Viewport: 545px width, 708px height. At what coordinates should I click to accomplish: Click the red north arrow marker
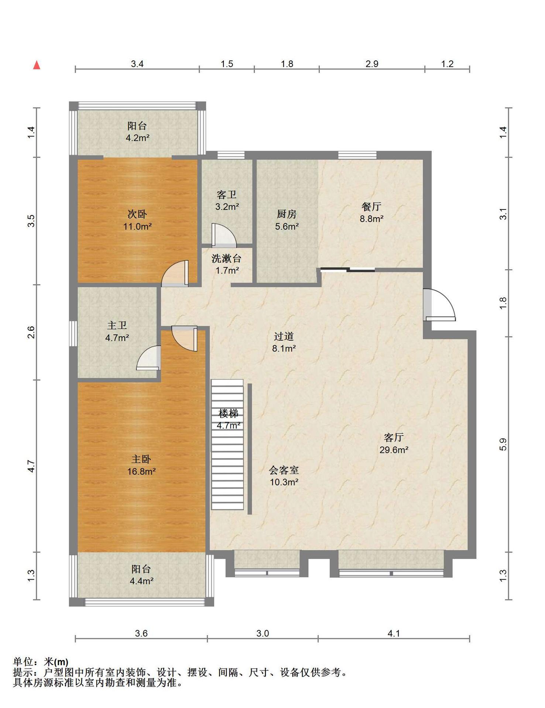point(37,65)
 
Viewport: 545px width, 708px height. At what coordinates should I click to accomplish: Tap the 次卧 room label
point(137,214)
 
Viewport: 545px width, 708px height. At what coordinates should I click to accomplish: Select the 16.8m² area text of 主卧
point(141,471)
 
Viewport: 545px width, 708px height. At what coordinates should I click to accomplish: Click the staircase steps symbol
point(227,445)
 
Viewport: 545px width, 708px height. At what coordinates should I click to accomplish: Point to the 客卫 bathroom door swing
point(224,235)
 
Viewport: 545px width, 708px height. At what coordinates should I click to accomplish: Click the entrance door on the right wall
point(439,305)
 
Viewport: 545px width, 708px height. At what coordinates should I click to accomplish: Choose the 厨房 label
point(287,214)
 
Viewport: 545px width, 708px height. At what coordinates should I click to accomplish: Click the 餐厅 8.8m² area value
point(372,219)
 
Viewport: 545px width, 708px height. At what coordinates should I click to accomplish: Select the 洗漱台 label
point(227,258)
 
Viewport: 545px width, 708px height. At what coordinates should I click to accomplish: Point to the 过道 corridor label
point(284,336)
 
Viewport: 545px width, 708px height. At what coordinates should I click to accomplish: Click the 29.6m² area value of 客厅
point(394,450)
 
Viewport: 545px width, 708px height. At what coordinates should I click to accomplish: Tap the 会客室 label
point(284,470)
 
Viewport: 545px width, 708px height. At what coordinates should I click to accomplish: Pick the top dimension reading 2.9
point(372,64)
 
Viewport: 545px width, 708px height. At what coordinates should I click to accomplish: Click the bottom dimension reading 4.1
point(394,634)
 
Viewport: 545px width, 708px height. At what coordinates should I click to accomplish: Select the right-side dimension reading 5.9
point(503,444)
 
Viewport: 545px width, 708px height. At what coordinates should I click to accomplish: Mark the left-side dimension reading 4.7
point(31,466)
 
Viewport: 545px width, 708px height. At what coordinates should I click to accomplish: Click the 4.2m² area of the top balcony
point(138,138)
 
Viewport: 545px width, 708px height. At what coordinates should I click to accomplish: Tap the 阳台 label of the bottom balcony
point(141,569)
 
